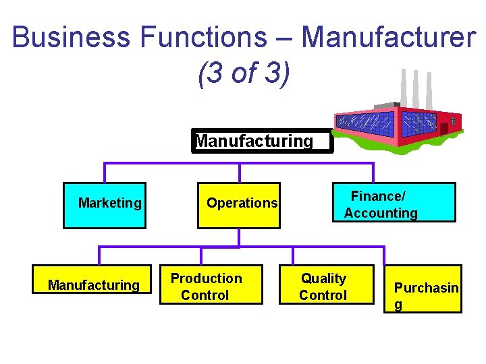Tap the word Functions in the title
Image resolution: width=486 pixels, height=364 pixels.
(203, 38)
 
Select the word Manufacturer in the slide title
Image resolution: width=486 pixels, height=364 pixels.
(388, 38)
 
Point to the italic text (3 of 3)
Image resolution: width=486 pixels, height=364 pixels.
(244, 73)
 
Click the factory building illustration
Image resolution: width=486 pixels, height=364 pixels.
(398, 118)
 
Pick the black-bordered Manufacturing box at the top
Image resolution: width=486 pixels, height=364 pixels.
(262, 142)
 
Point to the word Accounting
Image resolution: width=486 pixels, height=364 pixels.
(381, 214)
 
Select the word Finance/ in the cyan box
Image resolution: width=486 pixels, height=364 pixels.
(378, 197)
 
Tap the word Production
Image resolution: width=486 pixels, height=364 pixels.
(206, 278)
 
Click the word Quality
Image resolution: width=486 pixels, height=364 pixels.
(323, 278)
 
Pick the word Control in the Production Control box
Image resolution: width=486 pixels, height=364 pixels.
(205, 295)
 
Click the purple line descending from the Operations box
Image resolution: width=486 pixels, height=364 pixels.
(239, 237)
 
